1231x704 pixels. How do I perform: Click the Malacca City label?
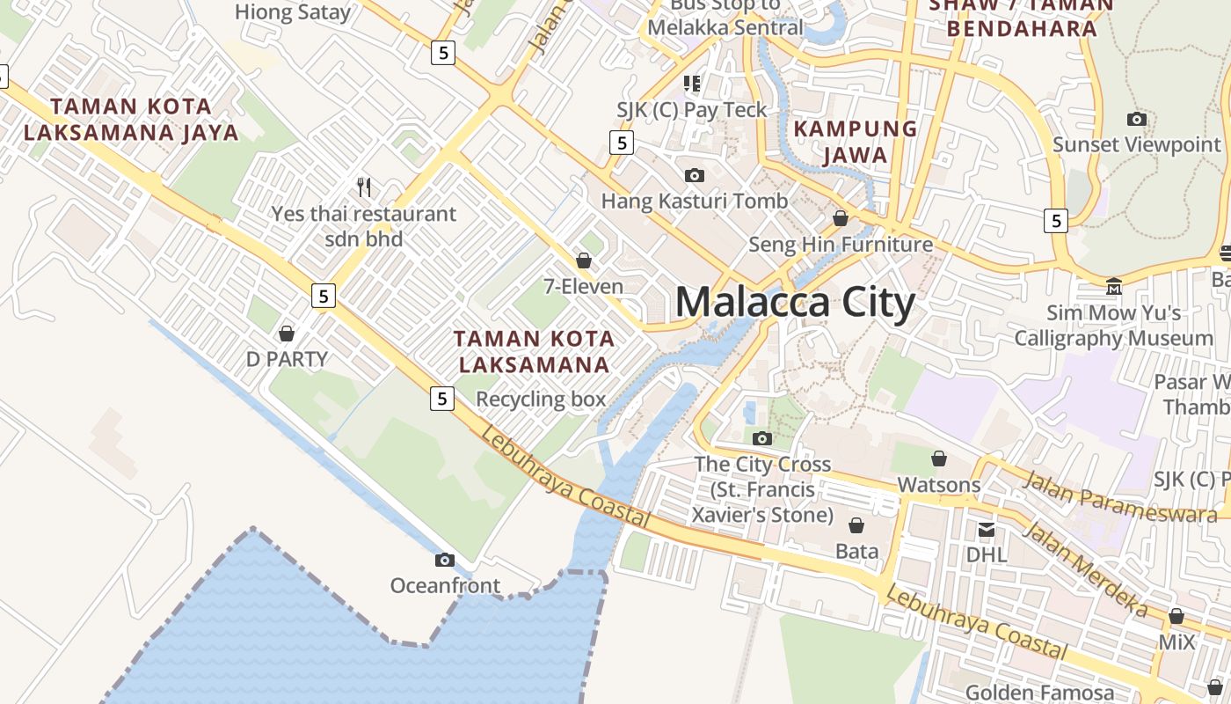pos(795,303)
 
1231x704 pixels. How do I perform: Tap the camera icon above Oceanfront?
pos(445,560)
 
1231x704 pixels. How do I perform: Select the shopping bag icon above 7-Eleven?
pos(583,260)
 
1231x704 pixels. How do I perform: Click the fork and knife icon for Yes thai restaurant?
pos(364,187)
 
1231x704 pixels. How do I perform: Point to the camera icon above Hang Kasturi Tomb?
pos(694,175)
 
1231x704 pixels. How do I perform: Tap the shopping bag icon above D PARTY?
pos(286,334)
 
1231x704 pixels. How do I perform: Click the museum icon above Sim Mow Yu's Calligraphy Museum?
pos(1114,287)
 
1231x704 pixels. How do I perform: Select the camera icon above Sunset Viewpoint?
pos(1136,119)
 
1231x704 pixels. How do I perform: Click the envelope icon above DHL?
pos(987,529)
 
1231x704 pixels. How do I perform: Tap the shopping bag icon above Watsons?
pos(939,458)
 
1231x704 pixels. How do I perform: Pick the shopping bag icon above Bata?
pos(856,525)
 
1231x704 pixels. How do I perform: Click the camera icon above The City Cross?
pos(761,438)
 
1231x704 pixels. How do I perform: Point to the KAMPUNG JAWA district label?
pos(856,142)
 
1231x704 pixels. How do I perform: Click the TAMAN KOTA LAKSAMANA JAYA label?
pos(131,120)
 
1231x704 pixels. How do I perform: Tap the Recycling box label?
pos(541,399)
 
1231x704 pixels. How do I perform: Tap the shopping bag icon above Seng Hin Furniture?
pos(841,218)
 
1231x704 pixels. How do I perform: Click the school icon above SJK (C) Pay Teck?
pos(692,84)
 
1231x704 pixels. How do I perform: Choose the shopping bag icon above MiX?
pos(1176,616)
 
